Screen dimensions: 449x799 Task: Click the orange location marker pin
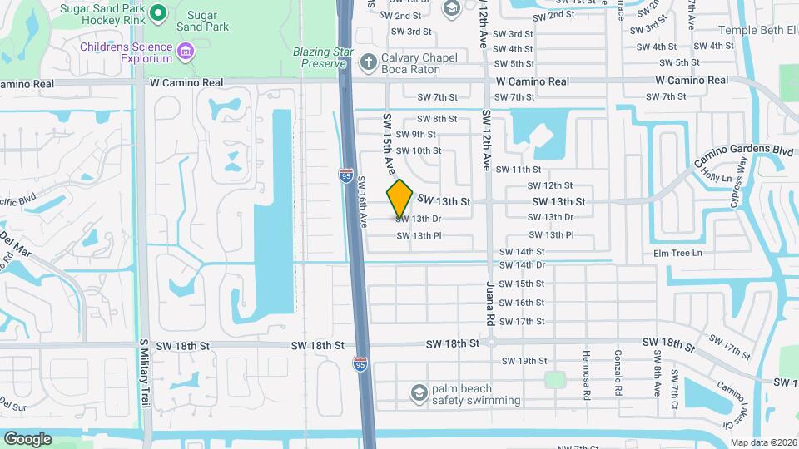pos(400,198)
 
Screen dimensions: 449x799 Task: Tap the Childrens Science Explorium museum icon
pos(185,53)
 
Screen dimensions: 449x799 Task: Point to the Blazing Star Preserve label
pos(320,57)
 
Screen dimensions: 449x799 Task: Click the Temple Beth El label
pos(749,30)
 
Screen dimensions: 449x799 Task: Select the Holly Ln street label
pos(716,176)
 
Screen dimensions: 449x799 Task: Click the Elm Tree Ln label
pos(677,253)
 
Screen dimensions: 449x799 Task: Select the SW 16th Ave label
pos(364,201)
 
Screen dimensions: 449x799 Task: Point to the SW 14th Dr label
pos(522,265)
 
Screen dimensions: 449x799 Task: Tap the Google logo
pos(27,438)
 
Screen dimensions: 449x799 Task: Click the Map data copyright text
pos(763,442)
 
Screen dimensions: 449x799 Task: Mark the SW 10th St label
pos(418,150)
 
